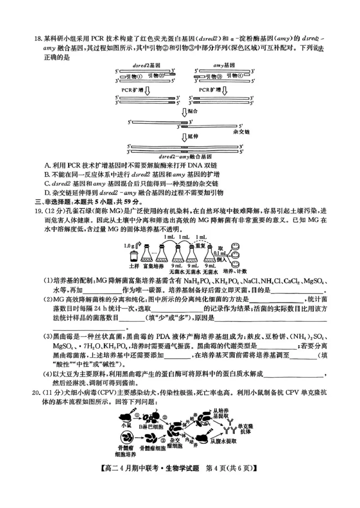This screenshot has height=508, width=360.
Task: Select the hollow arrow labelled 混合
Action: [x=184, y=111]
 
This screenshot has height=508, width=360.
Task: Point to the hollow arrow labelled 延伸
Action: [x=184, y=137]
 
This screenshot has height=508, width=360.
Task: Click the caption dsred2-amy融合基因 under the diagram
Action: [x=185, y=156]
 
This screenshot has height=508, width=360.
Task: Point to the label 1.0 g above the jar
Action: [x=130, y=245]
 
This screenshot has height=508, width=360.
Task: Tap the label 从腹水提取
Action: [x=225, y=441]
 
